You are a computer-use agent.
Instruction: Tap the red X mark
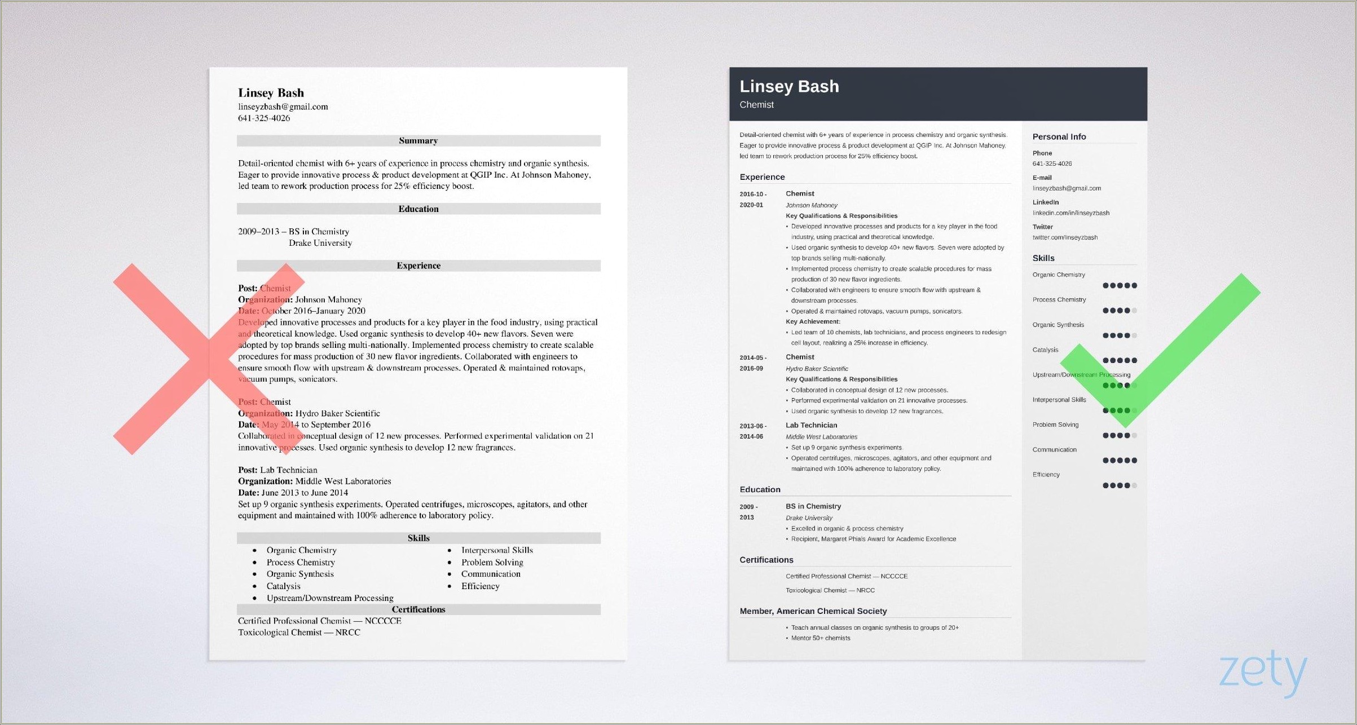tap(209, 359)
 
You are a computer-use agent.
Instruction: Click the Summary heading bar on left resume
tap(418, 140)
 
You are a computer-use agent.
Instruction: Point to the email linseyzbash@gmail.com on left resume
tap(283, 107)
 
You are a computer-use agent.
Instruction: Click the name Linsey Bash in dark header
tap(789, 86)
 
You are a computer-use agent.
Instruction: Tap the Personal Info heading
tap(1059, 136)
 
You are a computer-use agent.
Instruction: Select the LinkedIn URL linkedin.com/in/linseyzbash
tap(1070, 213)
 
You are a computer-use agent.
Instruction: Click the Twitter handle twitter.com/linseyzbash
tap(1065, 237)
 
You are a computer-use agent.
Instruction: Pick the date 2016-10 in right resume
tap(753, 194)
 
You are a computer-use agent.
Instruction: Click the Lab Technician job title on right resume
tap(811, 425)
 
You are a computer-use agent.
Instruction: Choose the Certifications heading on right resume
tap(766, 560)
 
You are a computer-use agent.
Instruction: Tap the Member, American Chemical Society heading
tap(813, 611)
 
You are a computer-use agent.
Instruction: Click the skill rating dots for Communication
tap(1119, 461)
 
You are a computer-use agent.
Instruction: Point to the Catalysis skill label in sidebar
tap(1045, 350)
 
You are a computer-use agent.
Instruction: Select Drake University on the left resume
tap(320, 243)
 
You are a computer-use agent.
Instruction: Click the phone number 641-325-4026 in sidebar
tap(1052, 163)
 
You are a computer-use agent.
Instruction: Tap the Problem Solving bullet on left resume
tap(492, 562)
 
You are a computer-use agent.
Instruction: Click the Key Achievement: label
tap(813, 321)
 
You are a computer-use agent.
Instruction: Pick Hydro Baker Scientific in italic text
tap(817, 369)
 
